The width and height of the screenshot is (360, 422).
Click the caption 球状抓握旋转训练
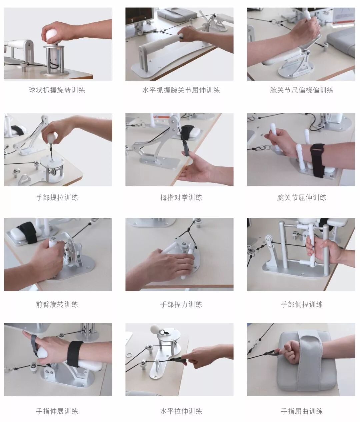pos(57,90)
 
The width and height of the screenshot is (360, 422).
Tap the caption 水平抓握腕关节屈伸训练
pos(181,90)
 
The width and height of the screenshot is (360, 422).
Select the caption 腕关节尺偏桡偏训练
pos(302,90)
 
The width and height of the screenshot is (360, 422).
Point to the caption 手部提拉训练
pos(57,197)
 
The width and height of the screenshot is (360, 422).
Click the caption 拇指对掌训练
pos(181,197)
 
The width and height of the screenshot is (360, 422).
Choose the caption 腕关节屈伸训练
pos(302,197)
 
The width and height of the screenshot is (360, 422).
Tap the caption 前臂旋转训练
pos(57,304)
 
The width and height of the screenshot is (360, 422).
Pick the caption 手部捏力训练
pos(181,304)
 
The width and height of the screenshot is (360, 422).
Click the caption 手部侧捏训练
pos(302,304)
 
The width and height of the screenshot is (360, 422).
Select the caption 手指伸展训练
pos(57,411)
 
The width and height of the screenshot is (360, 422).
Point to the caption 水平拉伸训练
pos(181,411)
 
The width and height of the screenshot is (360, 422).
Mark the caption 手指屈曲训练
pos(302,411)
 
